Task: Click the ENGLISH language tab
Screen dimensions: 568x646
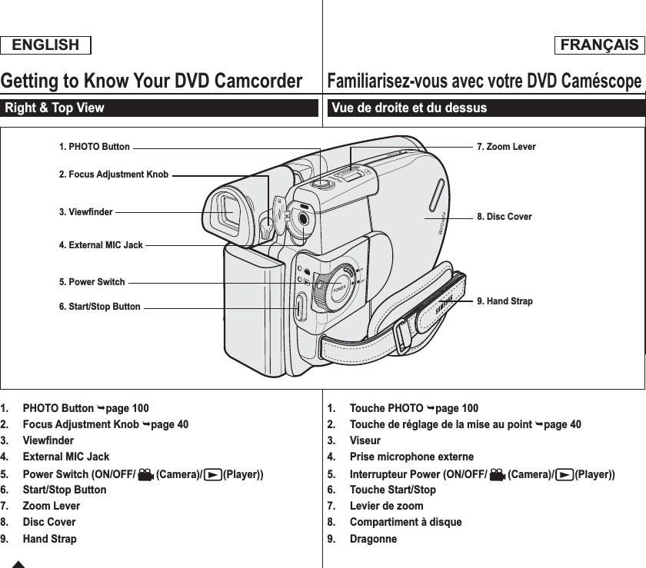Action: (46, 45)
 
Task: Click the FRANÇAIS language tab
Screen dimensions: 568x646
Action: (599, 45)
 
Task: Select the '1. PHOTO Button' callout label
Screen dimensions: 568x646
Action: (95, 146)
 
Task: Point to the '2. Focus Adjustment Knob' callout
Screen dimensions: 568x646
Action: (114, 174)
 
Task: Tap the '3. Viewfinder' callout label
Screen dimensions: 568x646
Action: (86, 211)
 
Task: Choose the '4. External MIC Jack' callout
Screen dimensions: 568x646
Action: (101, 245)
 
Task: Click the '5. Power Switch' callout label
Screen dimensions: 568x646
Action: (92, 282)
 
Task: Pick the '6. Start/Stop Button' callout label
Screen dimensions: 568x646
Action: (100, 307)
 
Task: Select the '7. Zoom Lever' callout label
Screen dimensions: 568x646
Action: (506, 147)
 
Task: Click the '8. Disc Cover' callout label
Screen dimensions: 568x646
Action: (504, 217)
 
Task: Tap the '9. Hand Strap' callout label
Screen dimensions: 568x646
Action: (504, 301)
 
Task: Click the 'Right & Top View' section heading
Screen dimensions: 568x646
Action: (55, 108)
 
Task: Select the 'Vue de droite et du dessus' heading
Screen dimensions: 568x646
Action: (410, 108)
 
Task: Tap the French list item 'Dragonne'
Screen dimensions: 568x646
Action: (373, 539)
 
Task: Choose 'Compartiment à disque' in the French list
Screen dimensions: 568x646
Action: (405, 523)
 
